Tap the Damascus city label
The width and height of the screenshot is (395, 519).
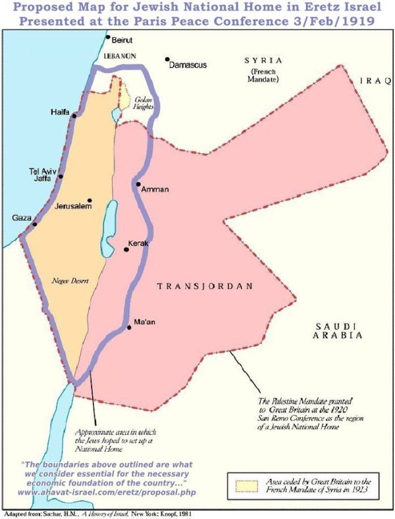click(188, 66)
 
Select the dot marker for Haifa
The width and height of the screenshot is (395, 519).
click(74, 116)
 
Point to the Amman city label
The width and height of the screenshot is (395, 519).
click(155, 189)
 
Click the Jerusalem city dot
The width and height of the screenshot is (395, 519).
click(89, 201)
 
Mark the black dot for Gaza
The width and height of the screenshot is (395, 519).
click(34, 224)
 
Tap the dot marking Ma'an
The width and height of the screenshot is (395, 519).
click(129, 328)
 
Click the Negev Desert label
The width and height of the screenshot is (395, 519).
click(70, 281)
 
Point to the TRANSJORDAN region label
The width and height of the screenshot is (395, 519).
click(205, 286)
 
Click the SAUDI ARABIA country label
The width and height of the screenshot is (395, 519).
click(338, 331)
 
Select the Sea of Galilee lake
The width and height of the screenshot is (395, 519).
click(117, 114)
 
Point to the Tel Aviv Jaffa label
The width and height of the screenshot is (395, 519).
click(41, 174)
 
